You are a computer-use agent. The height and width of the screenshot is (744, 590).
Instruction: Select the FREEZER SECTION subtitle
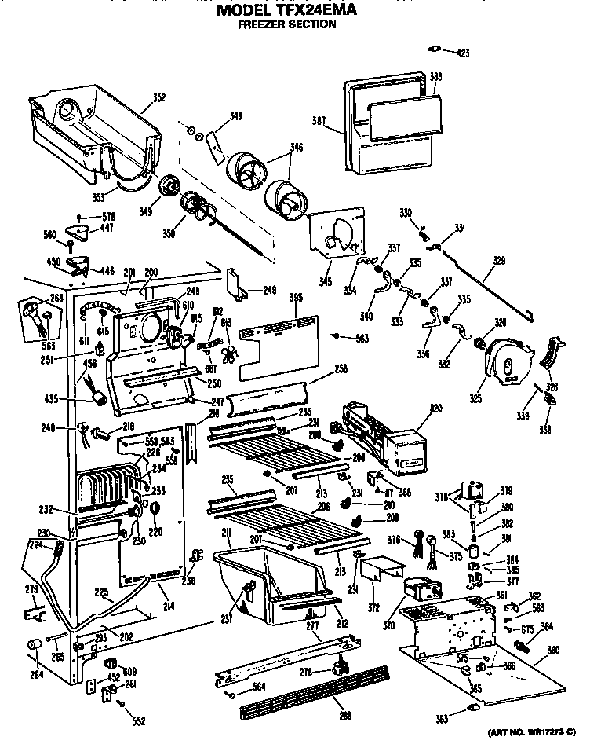tap(287, 24)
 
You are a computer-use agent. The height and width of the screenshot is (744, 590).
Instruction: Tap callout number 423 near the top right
tap(462, 53)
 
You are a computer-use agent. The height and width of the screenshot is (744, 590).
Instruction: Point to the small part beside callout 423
tap(432, 51)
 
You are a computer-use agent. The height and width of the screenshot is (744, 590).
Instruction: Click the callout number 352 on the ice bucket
tap(159, 98)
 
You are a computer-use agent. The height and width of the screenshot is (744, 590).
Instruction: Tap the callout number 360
tap(553, 650)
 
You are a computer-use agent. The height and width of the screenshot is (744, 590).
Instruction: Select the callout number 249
tap(270, 290)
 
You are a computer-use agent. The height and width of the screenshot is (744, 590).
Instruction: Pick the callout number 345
tap(324, 280)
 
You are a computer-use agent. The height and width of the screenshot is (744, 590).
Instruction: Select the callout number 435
tap(74, 399)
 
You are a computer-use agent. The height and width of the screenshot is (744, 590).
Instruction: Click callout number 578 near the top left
tap(109, 216)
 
